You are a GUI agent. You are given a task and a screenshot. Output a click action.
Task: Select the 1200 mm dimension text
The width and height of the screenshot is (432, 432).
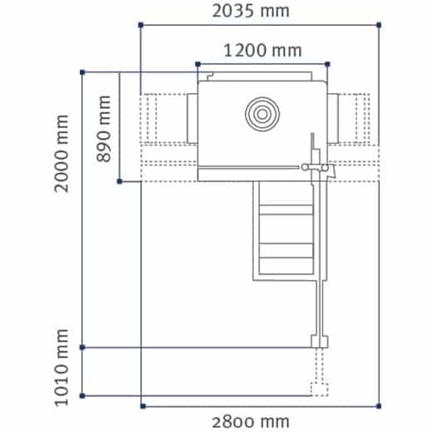(x=263, y=50)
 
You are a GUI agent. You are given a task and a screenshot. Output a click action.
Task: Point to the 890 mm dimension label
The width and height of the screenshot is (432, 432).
(x=104, y=129)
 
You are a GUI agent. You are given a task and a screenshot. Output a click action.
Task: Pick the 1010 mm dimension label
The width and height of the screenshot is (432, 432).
(x=63, y=371)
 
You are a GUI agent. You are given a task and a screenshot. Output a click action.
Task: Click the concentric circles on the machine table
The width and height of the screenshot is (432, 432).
(x=260, y=113)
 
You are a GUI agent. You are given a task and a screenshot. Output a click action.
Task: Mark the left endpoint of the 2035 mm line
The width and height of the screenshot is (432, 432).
(x=140, y=27)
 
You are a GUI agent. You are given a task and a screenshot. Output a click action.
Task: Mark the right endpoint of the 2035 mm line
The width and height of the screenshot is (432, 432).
(x=380, y=27)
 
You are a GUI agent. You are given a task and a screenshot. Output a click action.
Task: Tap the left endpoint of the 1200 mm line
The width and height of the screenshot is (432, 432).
(x=197, y=63)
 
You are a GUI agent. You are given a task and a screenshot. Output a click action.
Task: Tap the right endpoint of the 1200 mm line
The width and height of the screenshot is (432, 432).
(x=328, y=63)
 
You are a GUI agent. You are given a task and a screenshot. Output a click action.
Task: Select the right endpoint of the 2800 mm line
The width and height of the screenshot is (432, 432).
(x=380, y=405)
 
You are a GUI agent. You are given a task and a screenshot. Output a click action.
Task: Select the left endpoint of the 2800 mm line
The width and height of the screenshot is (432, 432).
(x=142, y=405)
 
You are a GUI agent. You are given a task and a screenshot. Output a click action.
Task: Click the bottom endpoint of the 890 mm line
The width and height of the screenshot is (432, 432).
(x=120, y=180)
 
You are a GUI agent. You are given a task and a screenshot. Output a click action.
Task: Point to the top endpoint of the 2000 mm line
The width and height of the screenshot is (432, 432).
(x=81, y=73)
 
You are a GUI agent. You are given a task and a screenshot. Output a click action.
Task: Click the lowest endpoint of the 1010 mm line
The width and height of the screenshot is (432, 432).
(x=81, y=395)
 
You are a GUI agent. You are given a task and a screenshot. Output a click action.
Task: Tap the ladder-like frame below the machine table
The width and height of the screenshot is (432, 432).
(x=284, y=233)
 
